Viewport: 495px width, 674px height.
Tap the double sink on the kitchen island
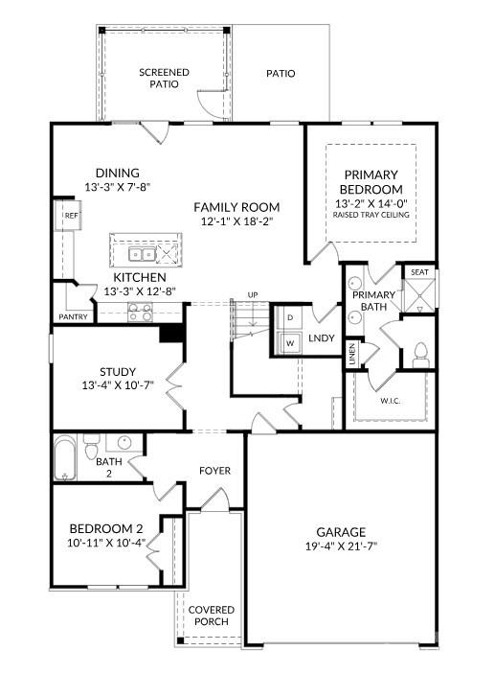click(x=142, y=254)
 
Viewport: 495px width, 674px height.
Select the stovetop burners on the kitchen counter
click(x=141, y=313)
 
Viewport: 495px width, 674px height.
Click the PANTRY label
click(x=73, y=316)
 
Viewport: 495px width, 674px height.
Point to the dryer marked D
click(x=290, y=317)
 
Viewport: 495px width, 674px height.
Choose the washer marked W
click(x=290, y=343)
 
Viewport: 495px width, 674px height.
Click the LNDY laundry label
click(x=321, y=338)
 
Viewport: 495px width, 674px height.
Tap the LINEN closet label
click(x=352, y=354)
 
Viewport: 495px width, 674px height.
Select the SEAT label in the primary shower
click(x=419, y=272)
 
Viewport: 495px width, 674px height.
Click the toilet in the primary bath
click(x=421, y=355)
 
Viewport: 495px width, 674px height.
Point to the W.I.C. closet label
click(x=391, y=401)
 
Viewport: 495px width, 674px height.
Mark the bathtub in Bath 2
click(x=65, y=458)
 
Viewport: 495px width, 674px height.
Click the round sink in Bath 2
click(x=124, y=442)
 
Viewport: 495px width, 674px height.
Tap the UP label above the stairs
click(x=253, y=295)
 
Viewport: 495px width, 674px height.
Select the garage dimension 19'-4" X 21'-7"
click(x=341, y=546)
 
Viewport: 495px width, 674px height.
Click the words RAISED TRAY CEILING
click(x=371, y=215)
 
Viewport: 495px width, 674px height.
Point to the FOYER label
click(x=214, y=471)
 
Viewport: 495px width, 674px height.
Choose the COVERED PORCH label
click(x=212, y=616)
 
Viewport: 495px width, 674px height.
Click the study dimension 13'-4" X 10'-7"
click(x=118, y=384)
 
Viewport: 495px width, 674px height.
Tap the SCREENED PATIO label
click(x=164, y=78)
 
